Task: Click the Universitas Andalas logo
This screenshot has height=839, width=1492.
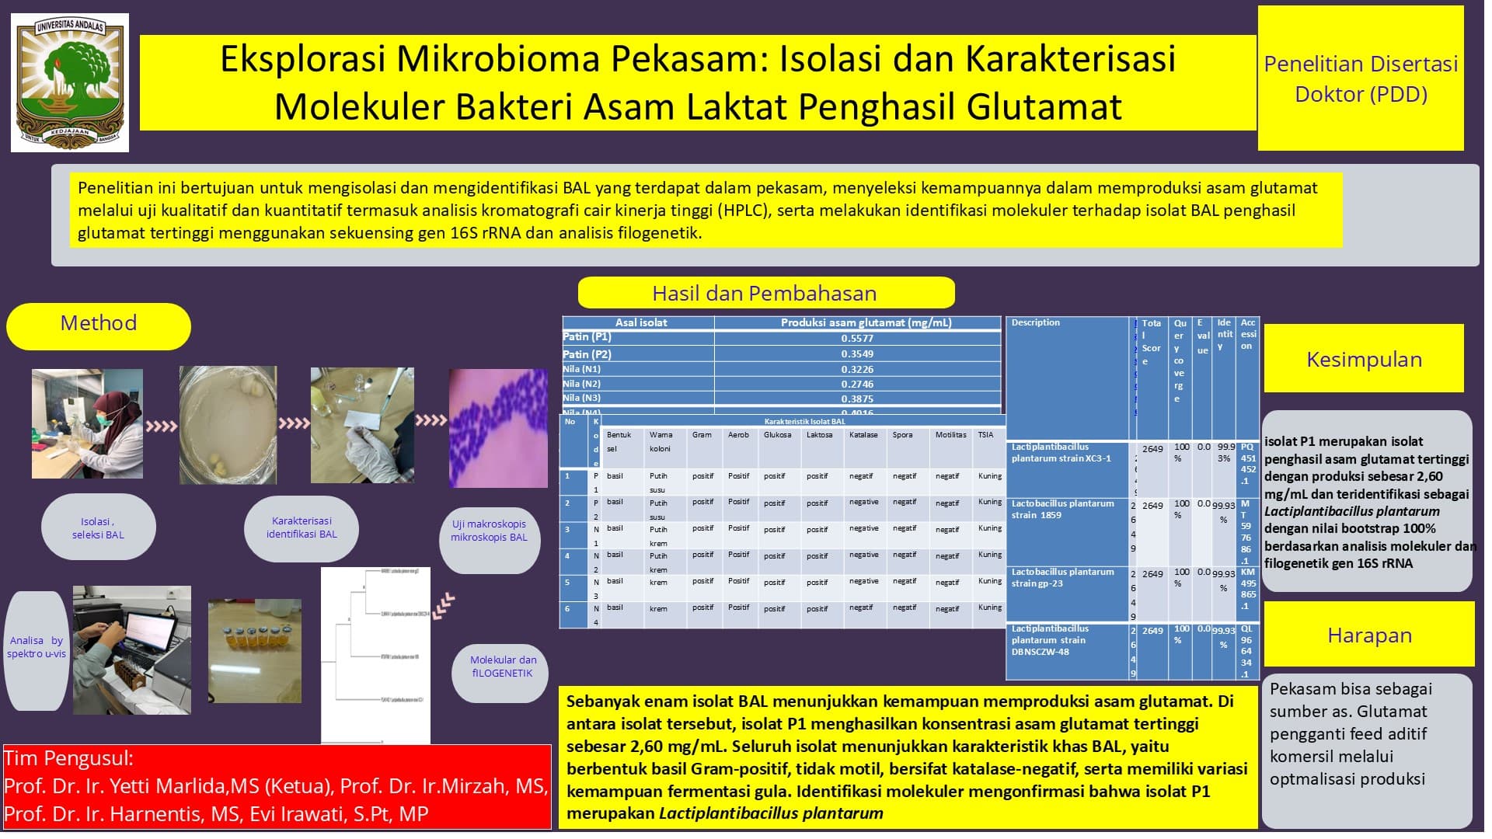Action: (x=70, y=82)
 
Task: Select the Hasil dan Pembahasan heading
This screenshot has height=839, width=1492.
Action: (x=765, y=293)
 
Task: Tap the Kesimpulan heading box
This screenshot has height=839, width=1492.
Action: (x=1364, y=359)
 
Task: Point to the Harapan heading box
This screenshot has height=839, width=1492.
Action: (x=1369, y=635)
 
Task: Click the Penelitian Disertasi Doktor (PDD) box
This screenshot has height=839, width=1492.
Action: (x=1361, y=78)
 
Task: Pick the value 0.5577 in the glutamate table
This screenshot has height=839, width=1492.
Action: (x=857, y=339)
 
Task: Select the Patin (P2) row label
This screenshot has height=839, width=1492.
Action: (x=587, y=354)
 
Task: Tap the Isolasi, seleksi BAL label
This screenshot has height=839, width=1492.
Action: (x=98, y=528)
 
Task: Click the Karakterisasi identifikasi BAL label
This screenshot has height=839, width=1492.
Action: (x=302, y=527)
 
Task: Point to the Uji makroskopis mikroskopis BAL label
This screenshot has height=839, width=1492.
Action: (x=489, y=531)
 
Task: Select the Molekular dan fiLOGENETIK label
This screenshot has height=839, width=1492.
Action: (x=503, y=667)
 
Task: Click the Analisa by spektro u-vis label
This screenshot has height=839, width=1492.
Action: (x=37, y=647)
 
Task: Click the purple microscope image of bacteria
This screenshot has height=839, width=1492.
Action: (x=499, y=428)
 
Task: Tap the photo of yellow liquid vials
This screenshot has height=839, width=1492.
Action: (x=255, y=651)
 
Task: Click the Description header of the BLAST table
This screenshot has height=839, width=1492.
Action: (x=1036, y=323)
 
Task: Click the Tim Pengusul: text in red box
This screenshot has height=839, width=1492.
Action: (x=68, y=759)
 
